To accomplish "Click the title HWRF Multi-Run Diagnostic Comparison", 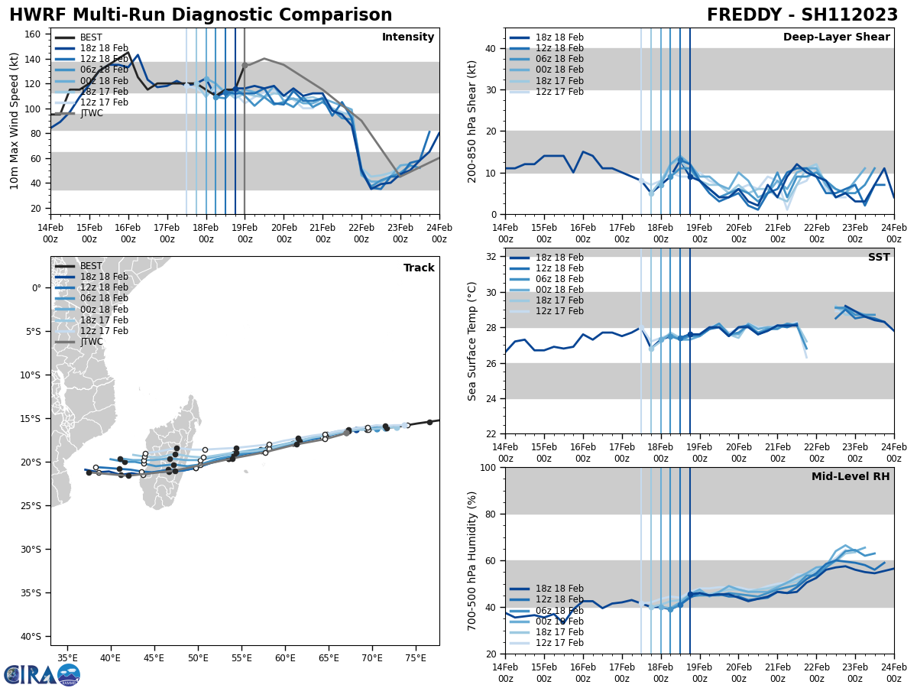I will [x=200, y=15].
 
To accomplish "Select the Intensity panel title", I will [x=408, y=37].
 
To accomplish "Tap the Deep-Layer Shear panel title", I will [x=836, y=37].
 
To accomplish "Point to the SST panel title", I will [x=878, y=258].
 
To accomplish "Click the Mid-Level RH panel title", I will [x=851, y=477].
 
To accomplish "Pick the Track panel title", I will [x=419, y=268].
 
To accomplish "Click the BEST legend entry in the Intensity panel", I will [x=91, y=37].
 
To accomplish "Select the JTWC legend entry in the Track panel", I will [x=91, y=342].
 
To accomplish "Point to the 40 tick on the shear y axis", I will [x=490, y=48].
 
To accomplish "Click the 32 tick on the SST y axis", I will [x=490, y=257].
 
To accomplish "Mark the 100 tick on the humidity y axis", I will [x=487, y=467].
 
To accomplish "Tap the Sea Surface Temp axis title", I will [x=473, y=341].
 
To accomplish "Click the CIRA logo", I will [x=41, y=675].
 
